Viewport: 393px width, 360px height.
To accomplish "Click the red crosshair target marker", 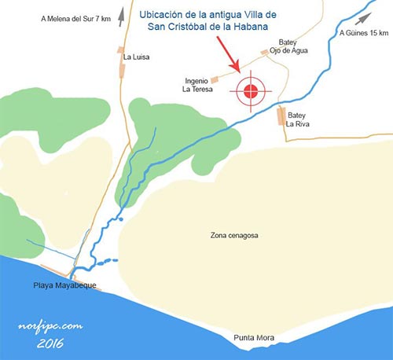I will (251, 91).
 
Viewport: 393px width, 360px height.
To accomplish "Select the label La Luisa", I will (135, 57).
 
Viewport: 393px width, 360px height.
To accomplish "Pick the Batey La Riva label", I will (301, 119).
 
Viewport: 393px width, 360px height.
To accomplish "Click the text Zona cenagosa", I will (234, 235).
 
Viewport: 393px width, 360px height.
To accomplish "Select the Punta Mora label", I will (254, 338).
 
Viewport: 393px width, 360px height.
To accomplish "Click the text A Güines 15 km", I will (362, 34).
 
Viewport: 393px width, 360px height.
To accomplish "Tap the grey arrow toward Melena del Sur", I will (122, 13).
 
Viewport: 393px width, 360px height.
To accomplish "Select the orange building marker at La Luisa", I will (120, 66).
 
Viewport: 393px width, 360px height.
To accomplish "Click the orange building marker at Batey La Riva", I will (281, 117).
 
